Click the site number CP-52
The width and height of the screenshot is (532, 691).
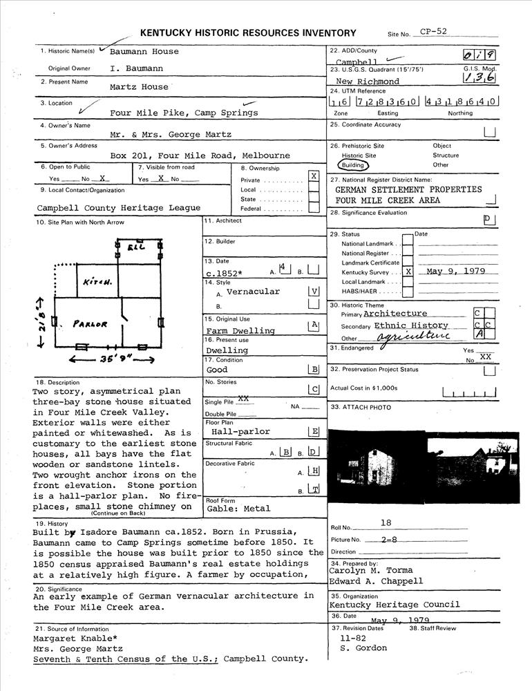434,31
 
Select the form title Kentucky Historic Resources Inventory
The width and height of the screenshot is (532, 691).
248,32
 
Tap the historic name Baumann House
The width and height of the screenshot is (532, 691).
144,51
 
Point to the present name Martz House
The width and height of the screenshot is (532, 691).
139,87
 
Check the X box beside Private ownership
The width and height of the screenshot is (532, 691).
314,176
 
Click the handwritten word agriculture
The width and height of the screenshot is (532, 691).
413,336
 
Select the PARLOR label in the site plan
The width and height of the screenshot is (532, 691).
91,324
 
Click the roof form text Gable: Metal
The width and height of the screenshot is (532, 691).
239,509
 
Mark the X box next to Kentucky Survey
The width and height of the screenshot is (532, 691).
408,272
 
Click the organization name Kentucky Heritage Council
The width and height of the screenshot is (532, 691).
394,605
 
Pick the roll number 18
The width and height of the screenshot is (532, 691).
386,524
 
